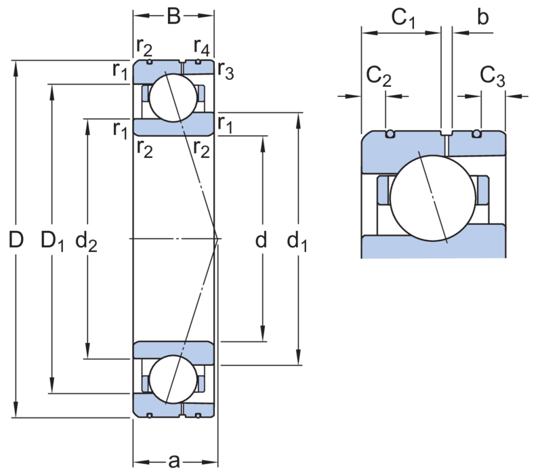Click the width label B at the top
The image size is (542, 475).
[x=173, y=16]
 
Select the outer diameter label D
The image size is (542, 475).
[x=16, y=240]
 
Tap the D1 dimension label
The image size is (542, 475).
[x=52, y=241]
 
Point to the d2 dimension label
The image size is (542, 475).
[x=87, y=241]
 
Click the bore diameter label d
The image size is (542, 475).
[x=261, y=239]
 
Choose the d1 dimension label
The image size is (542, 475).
[x=297, y=241]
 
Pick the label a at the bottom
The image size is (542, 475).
[x=174, y=461]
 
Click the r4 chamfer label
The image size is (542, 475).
[x=201, y=47]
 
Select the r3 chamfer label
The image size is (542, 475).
[x=226, y=71]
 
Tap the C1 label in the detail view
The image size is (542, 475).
[x=402, y=18]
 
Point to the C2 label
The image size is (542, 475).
[x=379, y=77]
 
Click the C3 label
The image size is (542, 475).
[x=493, y=77]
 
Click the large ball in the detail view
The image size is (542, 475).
[x=433, y=198]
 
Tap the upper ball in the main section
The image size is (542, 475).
[x=173, y=98]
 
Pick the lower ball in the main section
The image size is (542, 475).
[x=173, y=379]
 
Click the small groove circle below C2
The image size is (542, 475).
[x=390, y=133]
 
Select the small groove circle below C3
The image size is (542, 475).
[x=477, y=133]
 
